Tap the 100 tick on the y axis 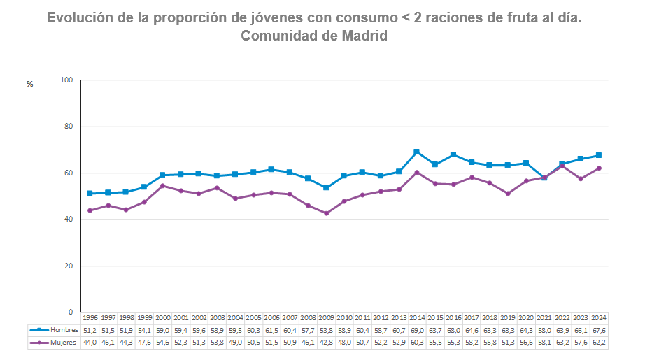[67, 80]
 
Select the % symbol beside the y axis [30, 84]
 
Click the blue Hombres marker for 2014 [416, 152]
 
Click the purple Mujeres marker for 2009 [326, 213]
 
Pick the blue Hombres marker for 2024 [599, 155]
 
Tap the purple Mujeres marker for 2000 [162, 186]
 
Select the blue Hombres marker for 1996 [90, 194]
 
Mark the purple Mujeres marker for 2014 [416, 172]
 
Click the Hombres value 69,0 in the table [417, 329]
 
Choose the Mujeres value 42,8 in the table [326, 343]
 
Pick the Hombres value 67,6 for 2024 [599, 329]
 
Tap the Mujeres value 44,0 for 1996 [90, 343]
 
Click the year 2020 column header [526, 317]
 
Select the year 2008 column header [308, 317]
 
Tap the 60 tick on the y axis [69, 173]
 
